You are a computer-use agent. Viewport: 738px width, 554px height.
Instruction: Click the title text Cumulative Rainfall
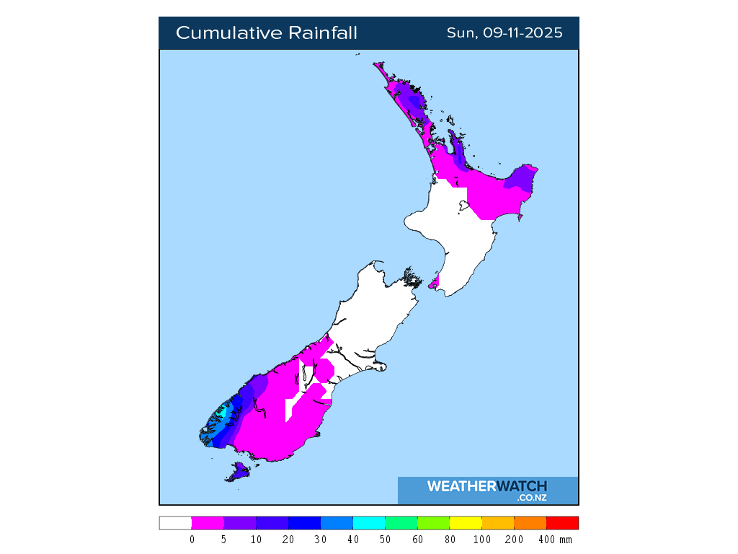point(266,33)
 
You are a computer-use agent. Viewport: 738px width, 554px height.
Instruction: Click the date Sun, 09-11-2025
point(504,33)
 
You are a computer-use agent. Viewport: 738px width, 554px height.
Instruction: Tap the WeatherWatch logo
point(487,487)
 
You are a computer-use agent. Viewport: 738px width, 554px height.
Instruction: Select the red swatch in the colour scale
point(562,523)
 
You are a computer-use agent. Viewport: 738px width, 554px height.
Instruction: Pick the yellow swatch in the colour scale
point(466,523)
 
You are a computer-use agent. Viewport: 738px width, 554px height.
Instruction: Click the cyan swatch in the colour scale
point(369,523)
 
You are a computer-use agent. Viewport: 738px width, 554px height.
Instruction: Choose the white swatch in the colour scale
point(175,523)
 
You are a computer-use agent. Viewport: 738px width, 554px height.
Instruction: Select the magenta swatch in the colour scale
point(208,523)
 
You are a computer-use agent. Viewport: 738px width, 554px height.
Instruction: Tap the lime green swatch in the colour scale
point(433,523)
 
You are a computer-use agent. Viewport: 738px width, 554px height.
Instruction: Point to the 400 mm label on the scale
point(555,540)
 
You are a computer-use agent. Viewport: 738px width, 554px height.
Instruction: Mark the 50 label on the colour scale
point(385,540)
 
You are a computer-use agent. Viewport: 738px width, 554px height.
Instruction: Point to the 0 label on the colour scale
point(192,540)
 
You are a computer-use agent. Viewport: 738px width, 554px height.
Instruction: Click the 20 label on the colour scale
point(288,540)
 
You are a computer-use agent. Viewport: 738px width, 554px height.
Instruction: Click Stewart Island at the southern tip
point(239,472)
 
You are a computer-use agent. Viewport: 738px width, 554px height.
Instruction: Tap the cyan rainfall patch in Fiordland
point(224,413)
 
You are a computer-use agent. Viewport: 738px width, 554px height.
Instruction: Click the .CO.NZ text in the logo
point(531,498)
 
